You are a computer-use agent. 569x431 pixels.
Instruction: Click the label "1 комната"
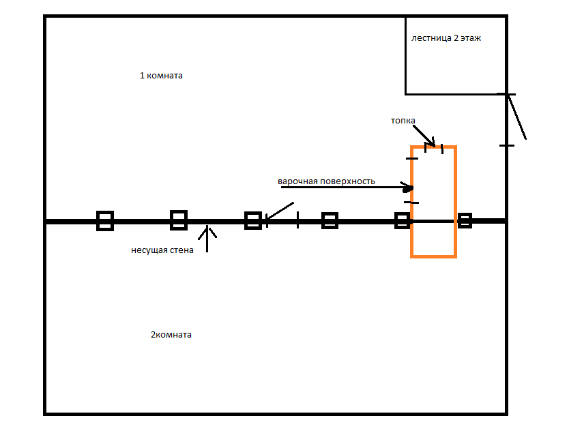click(161, 76)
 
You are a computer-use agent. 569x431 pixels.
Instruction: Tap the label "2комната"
click(171, 335)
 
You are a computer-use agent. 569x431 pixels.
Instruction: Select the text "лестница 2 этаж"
click(446, 38)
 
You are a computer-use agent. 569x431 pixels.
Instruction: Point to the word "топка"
click(403, 120)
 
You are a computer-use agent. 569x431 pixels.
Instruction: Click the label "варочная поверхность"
click(326, 181)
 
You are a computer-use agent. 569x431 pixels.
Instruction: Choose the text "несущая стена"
click(162, 250)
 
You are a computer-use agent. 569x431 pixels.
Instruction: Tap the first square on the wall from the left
click(104, 220)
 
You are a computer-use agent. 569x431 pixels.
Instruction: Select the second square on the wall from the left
click(178, 220)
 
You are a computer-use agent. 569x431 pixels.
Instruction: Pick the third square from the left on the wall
click(252, 220)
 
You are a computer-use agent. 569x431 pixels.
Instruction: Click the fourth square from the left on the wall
click(330, 220)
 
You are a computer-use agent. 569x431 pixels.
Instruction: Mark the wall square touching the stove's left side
click(403, 220)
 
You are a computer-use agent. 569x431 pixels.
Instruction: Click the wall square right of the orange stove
click(465, 220)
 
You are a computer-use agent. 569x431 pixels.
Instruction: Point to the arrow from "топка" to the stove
click(423, 134)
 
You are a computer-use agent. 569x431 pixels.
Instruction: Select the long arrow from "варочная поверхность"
click(341, 187)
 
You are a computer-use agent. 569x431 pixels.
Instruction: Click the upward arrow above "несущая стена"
click(207, 239)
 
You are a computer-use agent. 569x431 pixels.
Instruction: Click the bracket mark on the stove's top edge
click(434, 147)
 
